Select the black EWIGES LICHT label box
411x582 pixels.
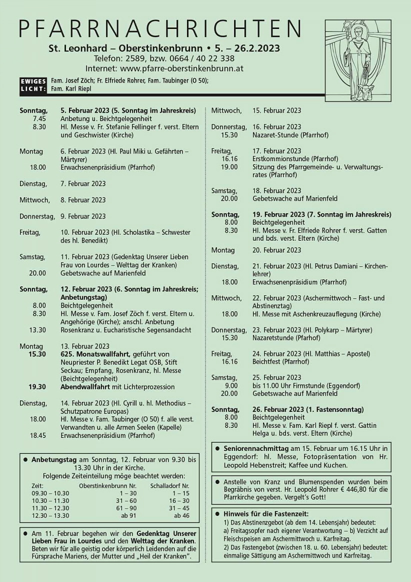(x=33, y=85)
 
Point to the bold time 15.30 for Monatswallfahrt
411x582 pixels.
(x=37, y=354)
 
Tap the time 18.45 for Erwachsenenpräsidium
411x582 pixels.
(x=38, y=435)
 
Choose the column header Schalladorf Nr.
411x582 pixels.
(x=169, y=485)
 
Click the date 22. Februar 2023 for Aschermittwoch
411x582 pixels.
(x=276, y=298)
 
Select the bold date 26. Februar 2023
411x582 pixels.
(x=276, y=409)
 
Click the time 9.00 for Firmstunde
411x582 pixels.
(x=231, y=385)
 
